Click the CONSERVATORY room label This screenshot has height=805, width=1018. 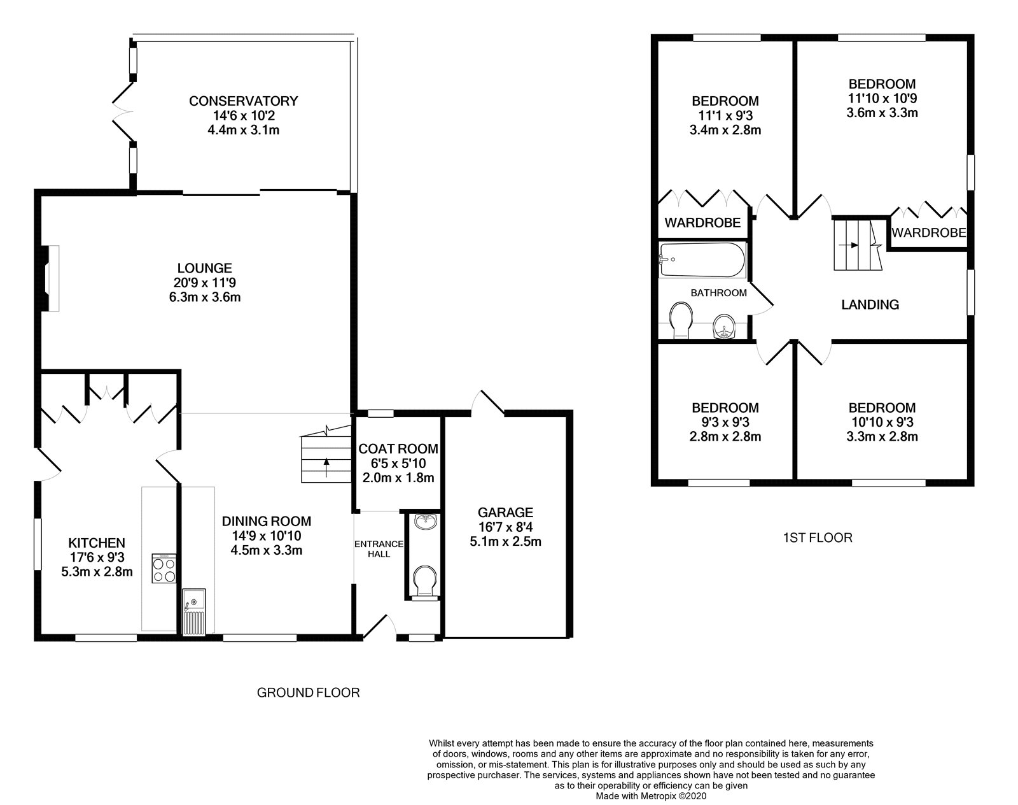point(243,101)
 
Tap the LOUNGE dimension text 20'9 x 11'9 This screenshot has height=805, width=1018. point(204,283)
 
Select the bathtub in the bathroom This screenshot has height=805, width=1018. point(702,259)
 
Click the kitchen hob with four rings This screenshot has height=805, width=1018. point(164,569)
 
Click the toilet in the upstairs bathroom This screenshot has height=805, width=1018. point(681,320)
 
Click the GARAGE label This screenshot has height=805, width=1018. point(505,512)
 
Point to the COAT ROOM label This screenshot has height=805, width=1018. point(398,449)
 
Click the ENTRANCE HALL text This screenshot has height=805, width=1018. point(379,548)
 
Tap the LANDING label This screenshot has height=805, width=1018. point(870,304)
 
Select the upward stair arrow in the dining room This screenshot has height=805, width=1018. point(327,464)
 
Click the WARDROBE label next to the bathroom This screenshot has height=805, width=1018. point(702,222)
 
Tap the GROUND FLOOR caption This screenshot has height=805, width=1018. point(308,692)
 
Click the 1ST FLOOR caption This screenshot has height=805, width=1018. point(817,538)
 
